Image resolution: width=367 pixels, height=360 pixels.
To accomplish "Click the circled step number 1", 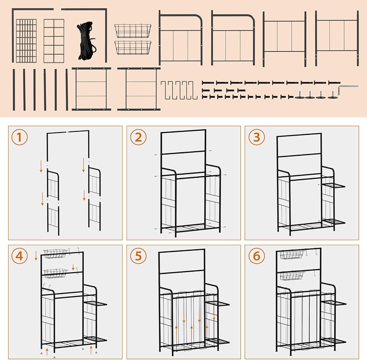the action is (19, 138).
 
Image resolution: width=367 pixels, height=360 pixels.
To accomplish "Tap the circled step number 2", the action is (138, 138).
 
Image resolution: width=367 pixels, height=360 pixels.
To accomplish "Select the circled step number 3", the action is (257, 138).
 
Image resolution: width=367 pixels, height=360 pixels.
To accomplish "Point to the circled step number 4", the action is (19, 257).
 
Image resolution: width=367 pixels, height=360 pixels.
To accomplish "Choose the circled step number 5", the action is (138, 257).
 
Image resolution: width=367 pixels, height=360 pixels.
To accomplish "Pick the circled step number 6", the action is (257, 257).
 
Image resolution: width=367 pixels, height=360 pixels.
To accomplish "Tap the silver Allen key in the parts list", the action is (347, 88).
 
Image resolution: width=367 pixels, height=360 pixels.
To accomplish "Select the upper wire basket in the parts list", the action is (133, 31).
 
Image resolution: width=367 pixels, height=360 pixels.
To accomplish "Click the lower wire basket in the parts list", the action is (133, 47).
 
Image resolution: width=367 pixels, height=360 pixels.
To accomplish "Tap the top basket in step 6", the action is (292, 254).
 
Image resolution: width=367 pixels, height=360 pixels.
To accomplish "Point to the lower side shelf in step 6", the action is (333, 341).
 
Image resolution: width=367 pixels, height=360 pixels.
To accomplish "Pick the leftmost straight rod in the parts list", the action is (14, 90).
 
